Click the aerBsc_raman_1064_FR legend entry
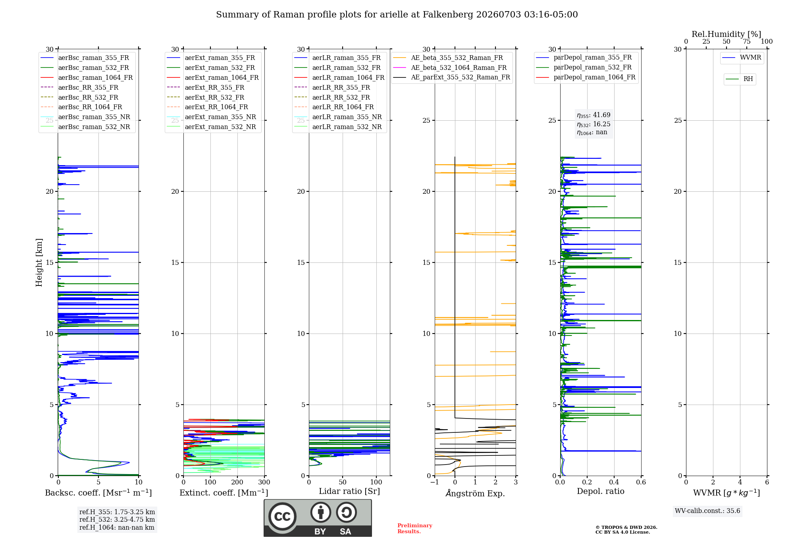click(87, 77)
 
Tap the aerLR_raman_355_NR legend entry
click(338, 117)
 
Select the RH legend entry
click(739, 79)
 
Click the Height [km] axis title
click(39, 262)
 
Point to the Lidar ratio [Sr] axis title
click(349, 491)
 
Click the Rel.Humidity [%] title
click(727, 34)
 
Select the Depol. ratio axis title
click(601, 491)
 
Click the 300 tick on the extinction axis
click(264, 482)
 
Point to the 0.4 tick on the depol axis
click(614, 482)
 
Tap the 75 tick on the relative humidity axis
click(747, 41)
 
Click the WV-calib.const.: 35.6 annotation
click(707, 511)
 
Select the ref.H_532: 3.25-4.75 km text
click(117, 519)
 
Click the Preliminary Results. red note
click(415, 528)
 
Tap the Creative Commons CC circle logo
click(282, 516)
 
